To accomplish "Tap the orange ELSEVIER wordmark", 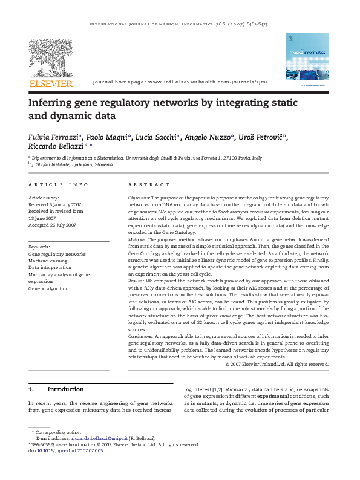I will [x=51, y=83].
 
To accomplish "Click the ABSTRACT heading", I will [x=149, y=184].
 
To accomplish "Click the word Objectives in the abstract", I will [x=139, y=198].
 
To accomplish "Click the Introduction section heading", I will [x=65, y=389].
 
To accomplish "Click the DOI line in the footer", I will [x=65, y=450].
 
